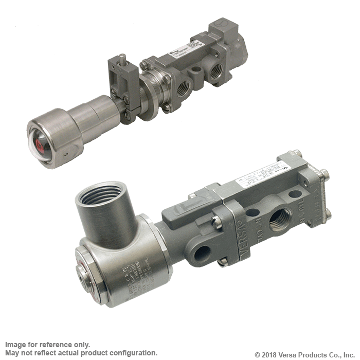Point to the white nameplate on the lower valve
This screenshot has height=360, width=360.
[263, 177]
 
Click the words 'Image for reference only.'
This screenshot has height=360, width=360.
[47, 345]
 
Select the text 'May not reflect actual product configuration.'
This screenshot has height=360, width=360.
[81, 353]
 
